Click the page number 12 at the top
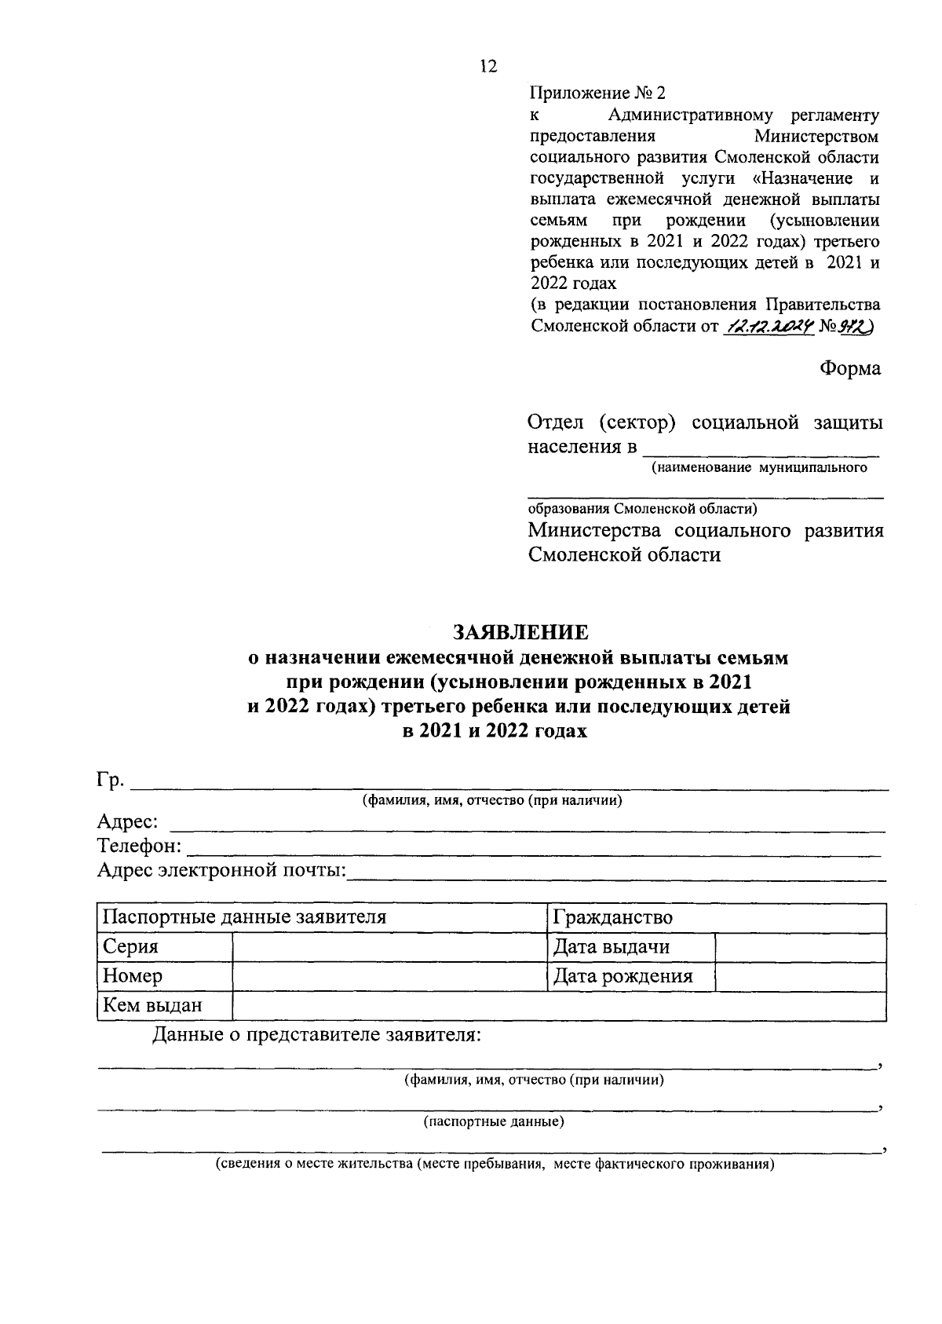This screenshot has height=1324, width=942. (487, 67)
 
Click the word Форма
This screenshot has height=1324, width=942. (850, 368)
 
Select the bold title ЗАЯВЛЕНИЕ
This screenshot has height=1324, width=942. (519, 631)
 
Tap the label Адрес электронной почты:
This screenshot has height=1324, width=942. (222, 870)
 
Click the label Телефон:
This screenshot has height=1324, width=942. (139, 847)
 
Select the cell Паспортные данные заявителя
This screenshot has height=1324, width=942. (244, 917)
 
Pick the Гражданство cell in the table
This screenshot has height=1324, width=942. (613, 917)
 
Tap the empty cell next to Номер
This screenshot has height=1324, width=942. (389, 976)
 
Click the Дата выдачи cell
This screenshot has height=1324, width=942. (612, 947)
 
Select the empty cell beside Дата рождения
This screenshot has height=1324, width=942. (800, 976)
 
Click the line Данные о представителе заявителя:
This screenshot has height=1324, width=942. (316, 1035)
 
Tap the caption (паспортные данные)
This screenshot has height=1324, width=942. (494, 1121)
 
